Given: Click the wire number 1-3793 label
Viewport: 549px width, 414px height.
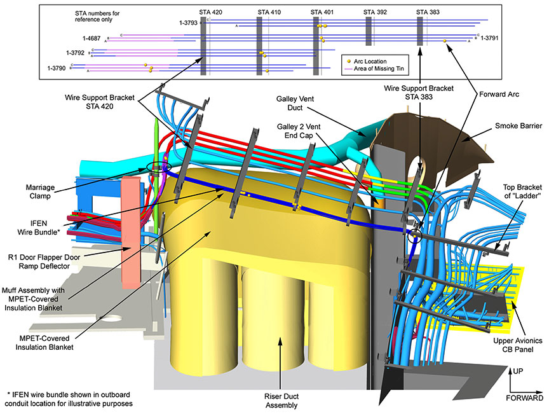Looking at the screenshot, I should click(188, 23).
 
